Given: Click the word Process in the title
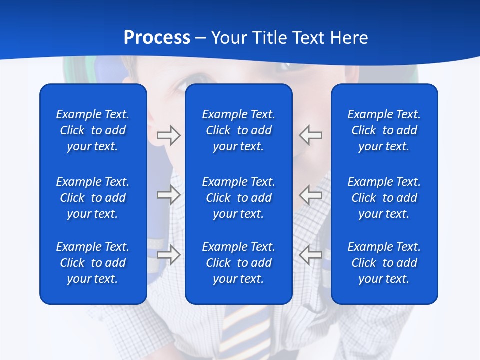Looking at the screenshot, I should click(157, 38).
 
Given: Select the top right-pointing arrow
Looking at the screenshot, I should click(168, 135).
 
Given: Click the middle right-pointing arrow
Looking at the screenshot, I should click(168, 195).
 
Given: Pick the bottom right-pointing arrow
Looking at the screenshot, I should click(168, 254).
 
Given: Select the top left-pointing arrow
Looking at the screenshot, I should click(311, 135).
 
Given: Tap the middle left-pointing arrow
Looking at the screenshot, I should click(311, 195).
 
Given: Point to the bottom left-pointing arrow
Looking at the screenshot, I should click(311, 254).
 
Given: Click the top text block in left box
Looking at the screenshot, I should click(93, 130).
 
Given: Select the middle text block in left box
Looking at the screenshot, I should click(93, 198).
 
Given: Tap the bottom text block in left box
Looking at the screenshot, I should click(93, 263).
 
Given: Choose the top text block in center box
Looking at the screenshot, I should click(238, 130).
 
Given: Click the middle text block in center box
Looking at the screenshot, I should click(238, 198).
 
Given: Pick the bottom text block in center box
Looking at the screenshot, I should click(238, 263).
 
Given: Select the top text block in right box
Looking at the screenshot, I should click(384, 130).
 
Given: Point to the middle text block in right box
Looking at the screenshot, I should click(384, 198).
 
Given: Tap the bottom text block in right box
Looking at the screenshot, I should click(384, 263).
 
